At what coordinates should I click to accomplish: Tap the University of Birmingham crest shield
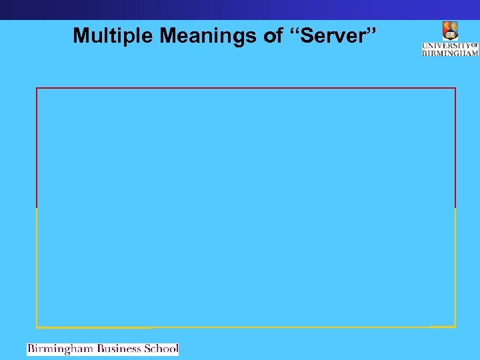point(450,31)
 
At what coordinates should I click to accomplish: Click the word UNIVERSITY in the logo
point(446,45)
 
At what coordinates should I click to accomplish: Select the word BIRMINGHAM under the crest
point(450,53)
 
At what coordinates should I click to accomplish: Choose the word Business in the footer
point(120,349)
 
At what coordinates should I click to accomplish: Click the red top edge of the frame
point(246,88)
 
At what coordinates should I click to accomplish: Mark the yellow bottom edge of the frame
point(246,327)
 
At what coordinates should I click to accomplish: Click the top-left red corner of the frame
point(37,88)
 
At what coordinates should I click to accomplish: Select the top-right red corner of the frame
point(455,88)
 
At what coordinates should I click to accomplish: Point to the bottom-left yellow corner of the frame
point(37,327)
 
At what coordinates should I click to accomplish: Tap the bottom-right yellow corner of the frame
point(455,327)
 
